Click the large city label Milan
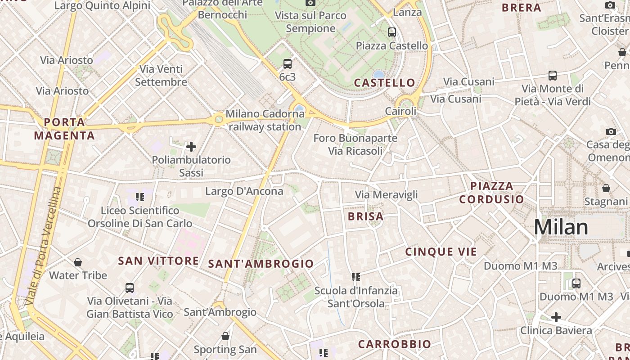[561, 227]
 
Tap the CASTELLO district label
[384, 83]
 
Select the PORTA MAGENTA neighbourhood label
[64, 129]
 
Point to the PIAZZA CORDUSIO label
[491, 193]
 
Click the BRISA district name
[365, 216]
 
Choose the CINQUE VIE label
[441, 252]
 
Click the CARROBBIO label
[394, 344]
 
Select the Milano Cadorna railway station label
[265, 120]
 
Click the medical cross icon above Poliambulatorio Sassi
[191, 146]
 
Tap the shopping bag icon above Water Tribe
[78, 262]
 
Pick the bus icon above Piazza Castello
[392, 32]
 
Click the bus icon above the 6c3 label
[288, 64]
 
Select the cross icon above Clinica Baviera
[556, 317]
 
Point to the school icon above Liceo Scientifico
[140, 197]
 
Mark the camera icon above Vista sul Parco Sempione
[310, 3]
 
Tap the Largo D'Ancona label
[244, 191]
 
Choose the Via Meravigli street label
[386, 195]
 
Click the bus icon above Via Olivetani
[130, 288]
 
